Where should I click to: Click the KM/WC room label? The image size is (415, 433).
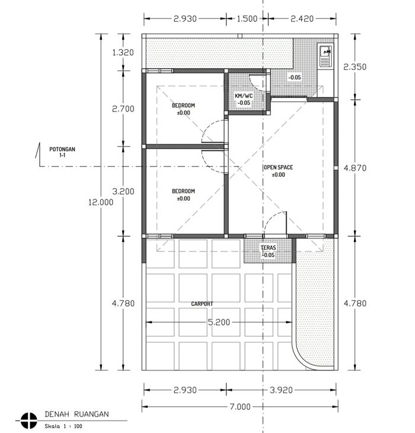click(244, 96)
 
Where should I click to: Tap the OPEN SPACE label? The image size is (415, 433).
click(278, 167)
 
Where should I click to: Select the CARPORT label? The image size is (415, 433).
click(202, 304)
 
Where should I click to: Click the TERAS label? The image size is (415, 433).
click(268, 248)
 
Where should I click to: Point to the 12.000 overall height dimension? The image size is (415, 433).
click(101, 202)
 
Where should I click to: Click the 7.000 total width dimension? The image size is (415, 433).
click(240, 406)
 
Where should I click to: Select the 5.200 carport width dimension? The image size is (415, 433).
click(219, 322)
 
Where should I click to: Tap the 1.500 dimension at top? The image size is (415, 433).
click(247, 19)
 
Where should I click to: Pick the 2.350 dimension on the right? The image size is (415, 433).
click(355, 67)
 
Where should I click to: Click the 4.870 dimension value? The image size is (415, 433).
click(355, 168)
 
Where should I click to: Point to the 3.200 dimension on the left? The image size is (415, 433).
click(123, 192)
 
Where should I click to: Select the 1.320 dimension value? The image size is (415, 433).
click(123, 52)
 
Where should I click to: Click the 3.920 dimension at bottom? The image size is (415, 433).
click(281, 390)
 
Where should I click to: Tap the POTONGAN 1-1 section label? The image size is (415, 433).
click(62, 152)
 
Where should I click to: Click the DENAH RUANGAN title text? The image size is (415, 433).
click(76, 414)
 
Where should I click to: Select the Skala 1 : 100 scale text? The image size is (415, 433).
click(63, 426)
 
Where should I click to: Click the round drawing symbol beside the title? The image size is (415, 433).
click(28, 421)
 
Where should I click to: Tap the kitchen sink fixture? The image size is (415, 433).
click(325, 56)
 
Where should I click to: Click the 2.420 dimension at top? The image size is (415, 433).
click(302, 19)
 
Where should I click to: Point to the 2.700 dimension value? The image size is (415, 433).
click(123, 109)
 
